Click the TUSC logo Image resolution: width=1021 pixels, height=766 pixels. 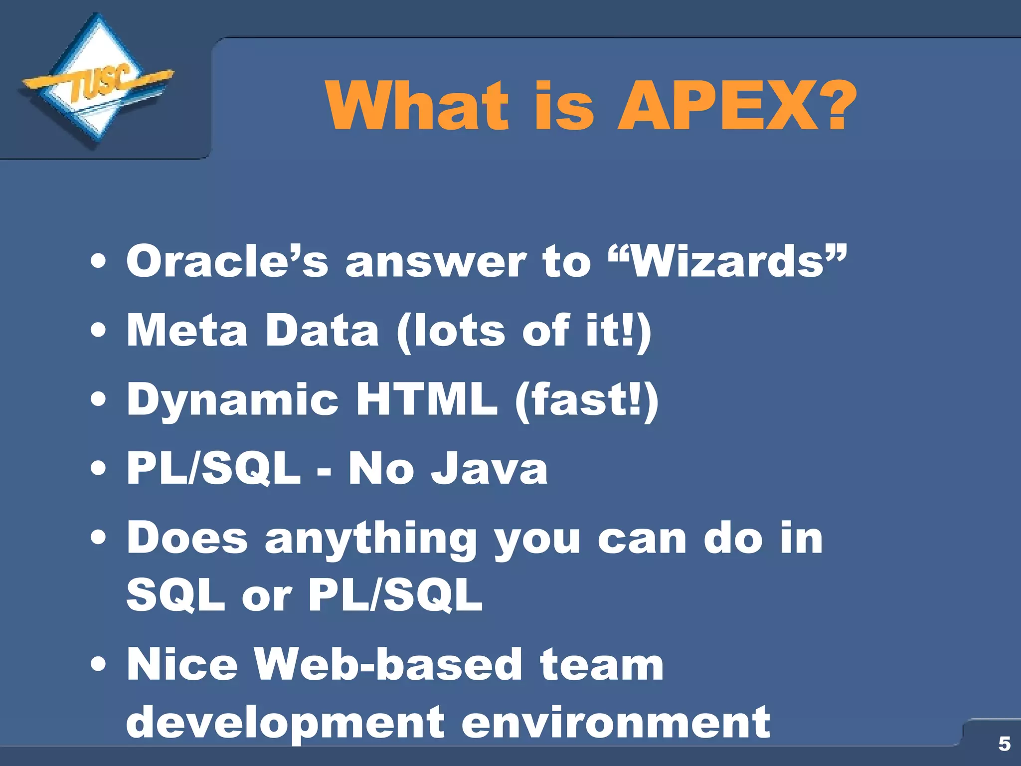tap(98, 82)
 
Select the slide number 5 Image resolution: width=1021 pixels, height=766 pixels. tap(1004, 744)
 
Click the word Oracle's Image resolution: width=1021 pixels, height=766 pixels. tap(227, 261)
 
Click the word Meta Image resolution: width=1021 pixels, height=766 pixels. tap(187, 330)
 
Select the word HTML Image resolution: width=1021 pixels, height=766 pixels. tap(426, 399)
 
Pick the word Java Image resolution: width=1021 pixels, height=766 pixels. tap(489, 468)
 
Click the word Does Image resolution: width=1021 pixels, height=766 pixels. tap(187, 538)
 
